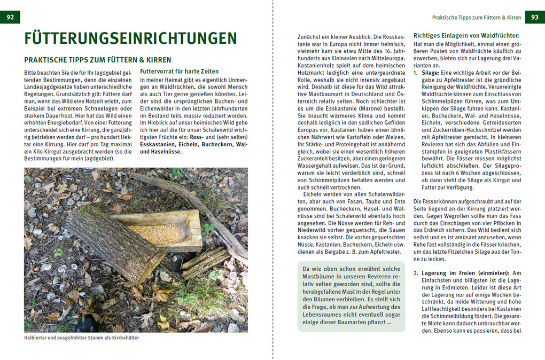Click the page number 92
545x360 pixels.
[10, 18]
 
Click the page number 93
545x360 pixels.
[534, 18]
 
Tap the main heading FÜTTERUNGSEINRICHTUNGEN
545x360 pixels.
[130, 39]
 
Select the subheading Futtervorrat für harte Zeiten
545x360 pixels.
[179, 71]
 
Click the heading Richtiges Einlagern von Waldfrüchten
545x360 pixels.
[466, 35]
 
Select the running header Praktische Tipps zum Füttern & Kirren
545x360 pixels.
[476, 18]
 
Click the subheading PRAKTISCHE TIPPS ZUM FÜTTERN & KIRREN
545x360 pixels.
[98, 60]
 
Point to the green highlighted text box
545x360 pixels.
[351, 296]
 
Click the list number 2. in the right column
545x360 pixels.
[417, 273]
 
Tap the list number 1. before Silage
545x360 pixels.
[416, 72]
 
